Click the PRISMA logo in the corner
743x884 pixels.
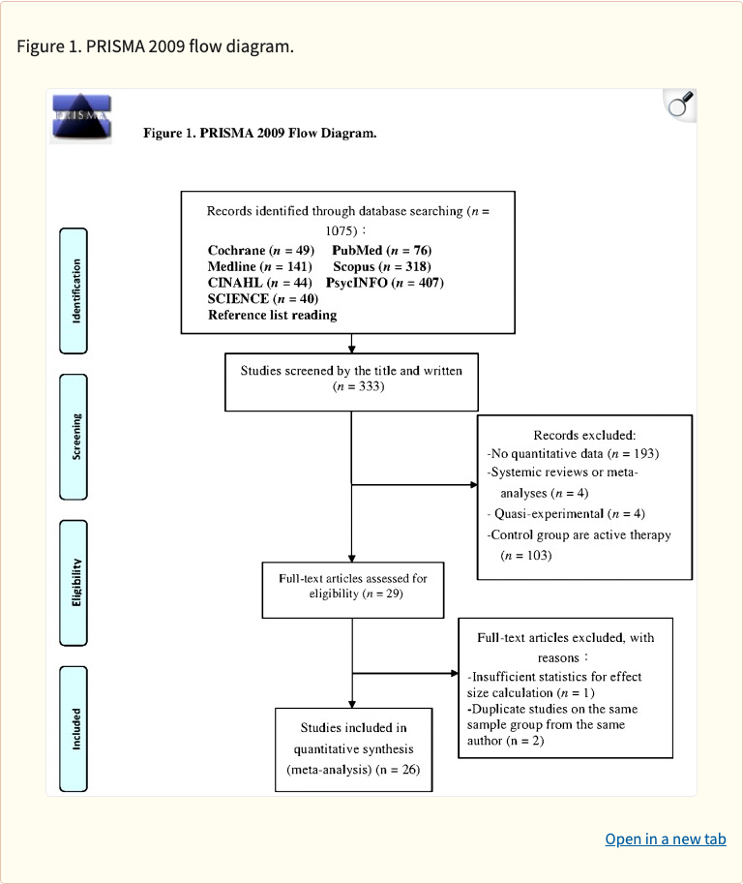[81, 118]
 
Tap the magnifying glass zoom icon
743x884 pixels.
[680, 105]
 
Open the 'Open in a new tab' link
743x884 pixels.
[665, 839]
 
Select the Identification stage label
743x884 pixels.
[74, 290]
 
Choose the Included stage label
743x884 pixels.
[74, 728]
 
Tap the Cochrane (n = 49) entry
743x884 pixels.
[260, 251]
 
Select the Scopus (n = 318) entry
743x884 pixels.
[381, 266]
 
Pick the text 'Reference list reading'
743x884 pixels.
[272, 315]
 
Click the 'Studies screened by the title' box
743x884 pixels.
[351, 379]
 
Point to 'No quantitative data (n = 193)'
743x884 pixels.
[577, 453]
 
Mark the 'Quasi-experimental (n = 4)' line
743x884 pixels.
[568, 513]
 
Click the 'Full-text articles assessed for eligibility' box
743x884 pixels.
[352, 586]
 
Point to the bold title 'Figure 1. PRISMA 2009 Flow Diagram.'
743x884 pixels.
[259, 133]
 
